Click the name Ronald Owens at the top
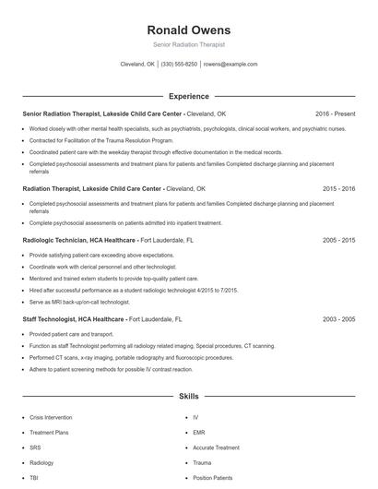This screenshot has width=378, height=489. coord(188,30)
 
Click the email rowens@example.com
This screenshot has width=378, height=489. coord(230,65)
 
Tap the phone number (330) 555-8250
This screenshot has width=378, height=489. coord(179,65)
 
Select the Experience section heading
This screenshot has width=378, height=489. coord(188,96)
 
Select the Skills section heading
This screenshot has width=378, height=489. coord(188,397)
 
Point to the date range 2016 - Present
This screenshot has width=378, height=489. coord(335,113)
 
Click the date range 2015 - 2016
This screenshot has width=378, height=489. coord(337,187)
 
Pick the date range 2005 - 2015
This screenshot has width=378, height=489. coord(337,239)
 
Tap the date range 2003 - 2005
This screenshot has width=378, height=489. coord(337,318)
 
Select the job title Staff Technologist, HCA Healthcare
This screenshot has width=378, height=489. coord(74,318)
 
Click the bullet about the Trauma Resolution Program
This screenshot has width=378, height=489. coord(89,140)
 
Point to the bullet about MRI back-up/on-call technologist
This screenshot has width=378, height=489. coord(79,303)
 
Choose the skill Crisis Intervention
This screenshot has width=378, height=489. coord(51,417)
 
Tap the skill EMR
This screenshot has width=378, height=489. coord(198,432)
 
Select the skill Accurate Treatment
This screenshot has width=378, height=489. coord(218,447)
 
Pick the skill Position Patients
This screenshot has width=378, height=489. coord(214,478)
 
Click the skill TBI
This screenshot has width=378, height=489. coord(34,478)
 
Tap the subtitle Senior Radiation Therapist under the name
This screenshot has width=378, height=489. coord(188,44)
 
